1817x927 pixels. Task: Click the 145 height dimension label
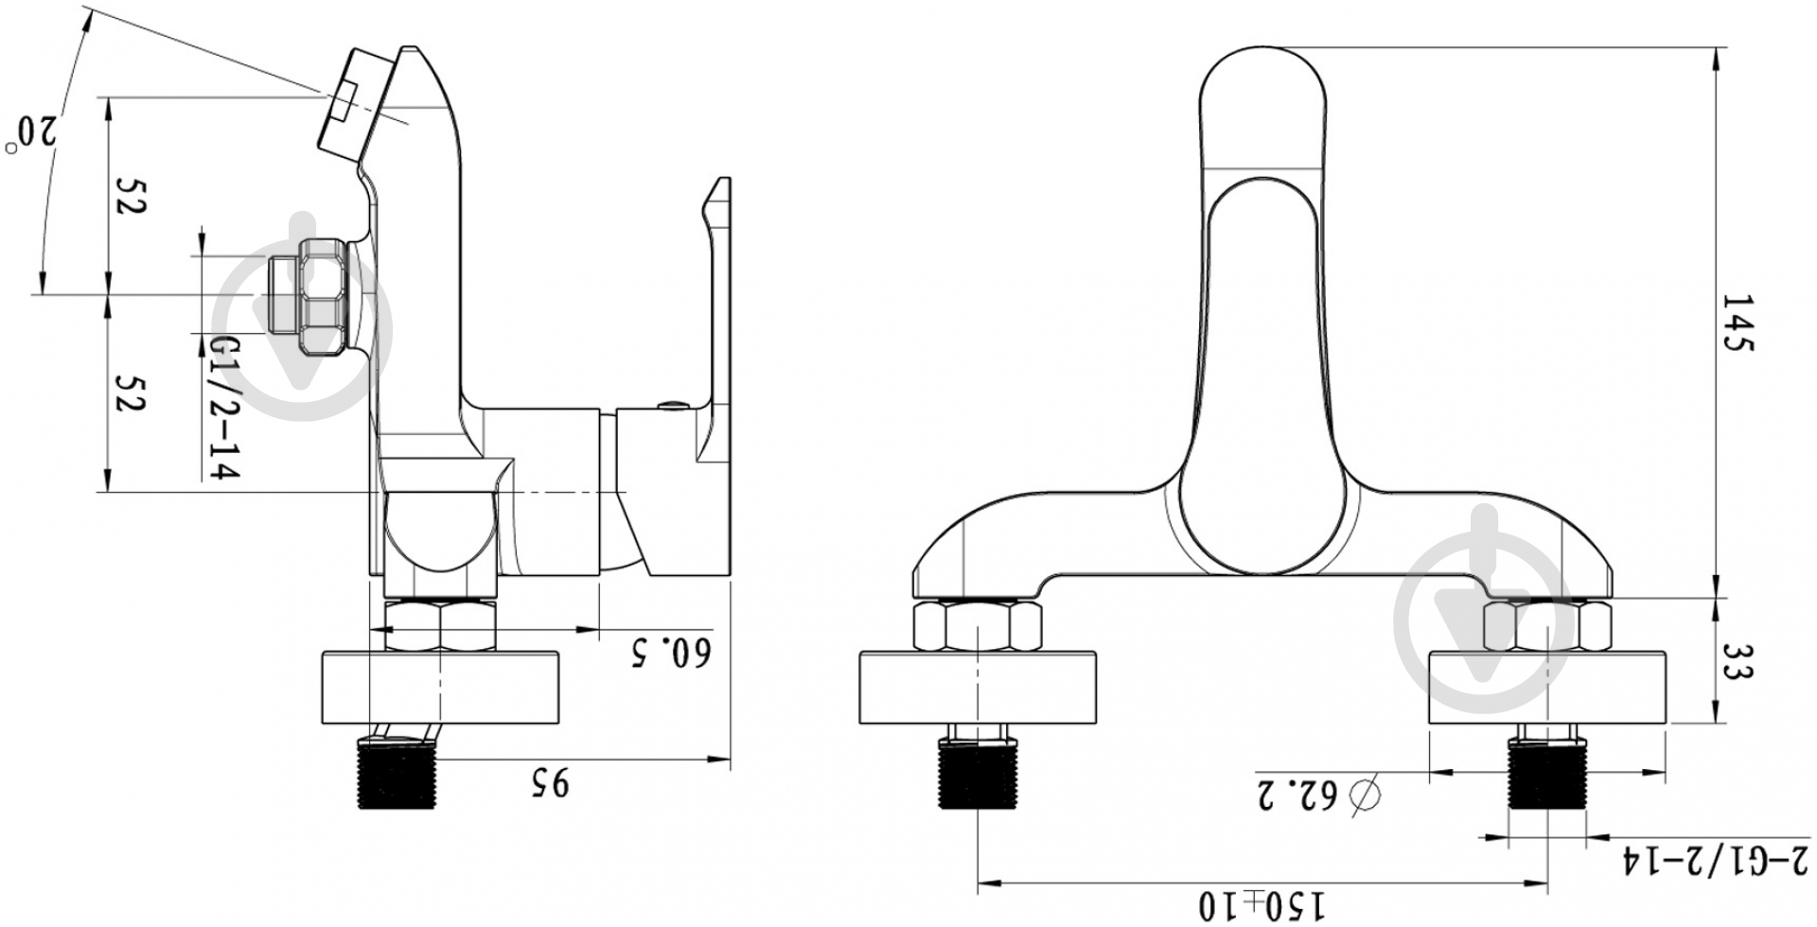point(1738,323)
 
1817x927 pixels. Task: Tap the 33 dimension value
point(1738,661)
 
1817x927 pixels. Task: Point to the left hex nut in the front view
point(977,625)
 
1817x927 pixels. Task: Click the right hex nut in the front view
point(1547,625)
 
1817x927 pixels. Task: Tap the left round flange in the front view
point(979,687)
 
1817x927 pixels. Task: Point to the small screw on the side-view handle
point(671,407)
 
